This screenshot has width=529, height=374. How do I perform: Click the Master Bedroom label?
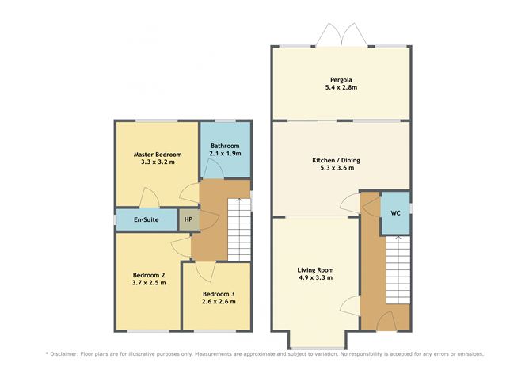158,155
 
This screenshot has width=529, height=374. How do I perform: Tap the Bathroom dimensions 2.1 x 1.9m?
225,153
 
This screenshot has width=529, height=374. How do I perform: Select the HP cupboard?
188,219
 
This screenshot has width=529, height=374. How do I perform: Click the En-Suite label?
146,219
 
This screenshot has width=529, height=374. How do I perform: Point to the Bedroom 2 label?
149,275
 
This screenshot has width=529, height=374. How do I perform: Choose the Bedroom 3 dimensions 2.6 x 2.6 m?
219,301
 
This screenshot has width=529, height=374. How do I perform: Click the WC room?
395,213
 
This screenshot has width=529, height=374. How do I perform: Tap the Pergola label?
341,80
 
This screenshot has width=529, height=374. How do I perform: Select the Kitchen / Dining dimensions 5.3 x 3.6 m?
337,168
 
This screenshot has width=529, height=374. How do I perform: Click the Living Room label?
315,270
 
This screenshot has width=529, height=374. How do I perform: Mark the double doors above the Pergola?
341,34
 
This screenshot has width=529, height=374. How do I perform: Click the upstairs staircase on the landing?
239,230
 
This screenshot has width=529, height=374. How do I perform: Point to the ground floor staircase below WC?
398,270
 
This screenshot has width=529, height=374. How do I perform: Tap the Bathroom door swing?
213,168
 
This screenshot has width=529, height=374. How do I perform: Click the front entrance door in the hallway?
386,322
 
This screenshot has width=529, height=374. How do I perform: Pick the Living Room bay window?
317,348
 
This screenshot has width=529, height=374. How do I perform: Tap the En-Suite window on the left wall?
115,220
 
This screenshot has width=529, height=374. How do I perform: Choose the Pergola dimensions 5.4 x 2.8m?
341,87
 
